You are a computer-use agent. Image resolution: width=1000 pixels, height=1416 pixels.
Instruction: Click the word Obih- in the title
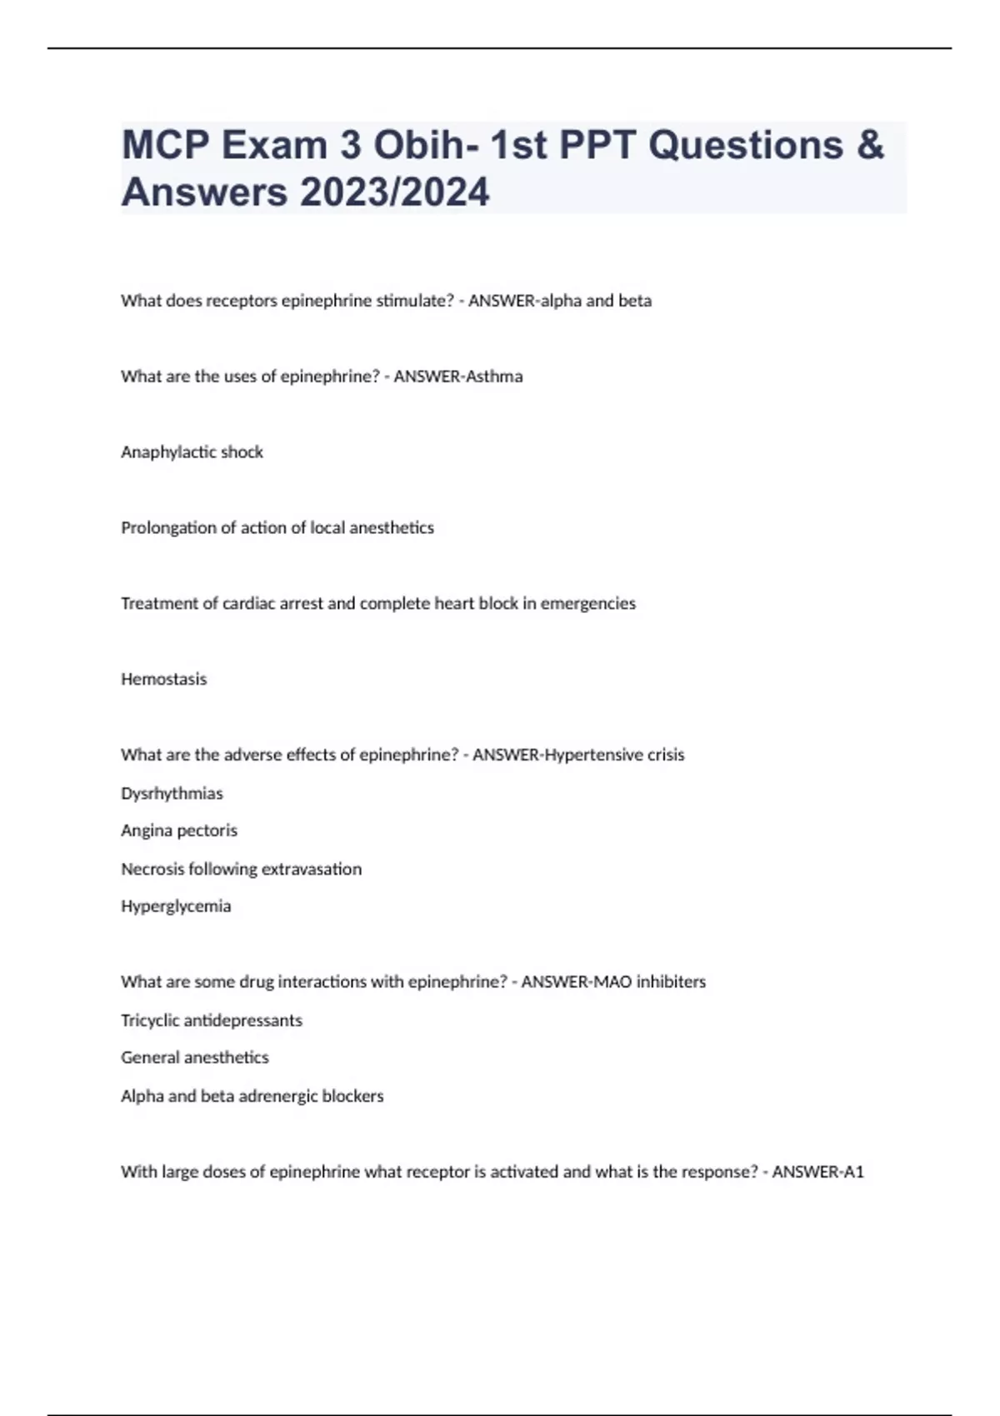point(425,145)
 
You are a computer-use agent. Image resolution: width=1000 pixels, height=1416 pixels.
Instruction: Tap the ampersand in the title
point(870,145)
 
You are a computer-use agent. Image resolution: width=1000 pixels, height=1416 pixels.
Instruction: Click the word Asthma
point(494,376)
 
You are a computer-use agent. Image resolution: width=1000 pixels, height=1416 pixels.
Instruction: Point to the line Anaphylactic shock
point(192,452)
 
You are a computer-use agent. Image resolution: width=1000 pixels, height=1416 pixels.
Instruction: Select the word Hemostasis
point(163,680)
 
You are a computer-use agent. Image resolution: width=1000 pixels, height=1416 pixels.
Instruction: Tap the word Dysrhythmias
point(172,794)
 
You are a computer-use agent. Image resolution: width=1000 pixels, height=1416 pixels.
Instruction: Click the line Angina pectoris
point(179,830)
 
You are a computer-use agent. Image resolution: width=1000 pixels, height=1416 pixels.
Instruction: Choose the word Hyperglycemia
point(176,906)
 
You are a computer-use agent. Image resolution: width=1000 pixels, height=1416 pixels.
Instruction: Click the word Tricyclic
point(150,1020)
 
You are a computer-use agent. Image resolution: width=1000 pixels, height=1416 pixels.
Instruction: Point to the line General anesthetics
point(195,1058)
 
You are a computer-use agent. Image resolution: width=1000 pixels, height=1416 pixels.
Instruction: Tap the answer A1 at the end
point(853,1172)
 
